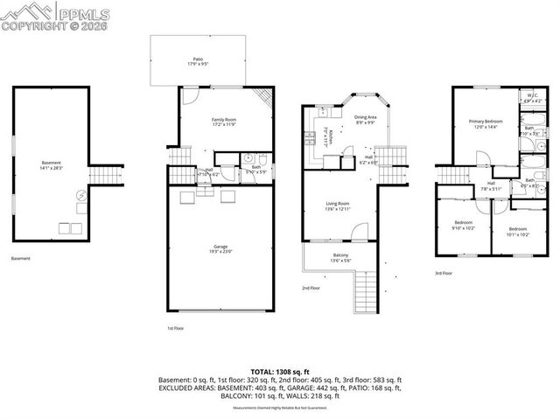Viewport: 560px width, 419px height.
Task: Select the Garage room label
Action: (220, 248)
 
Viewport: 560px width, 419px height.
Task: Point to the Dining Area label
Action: (365, 120)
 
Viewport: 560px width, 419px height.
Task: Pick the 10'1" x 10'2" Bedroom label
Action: (518, 231)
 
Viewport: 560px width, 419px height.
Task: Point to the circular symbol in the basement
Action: (81, 196)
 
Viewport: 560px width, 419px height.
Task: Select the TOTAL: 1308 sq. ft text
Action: (279, 371)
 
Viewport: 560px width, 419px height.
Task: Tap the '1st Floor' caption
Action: (176, 328)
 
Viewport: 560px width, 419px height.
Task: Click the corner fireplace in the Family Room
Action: (259, 98)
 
